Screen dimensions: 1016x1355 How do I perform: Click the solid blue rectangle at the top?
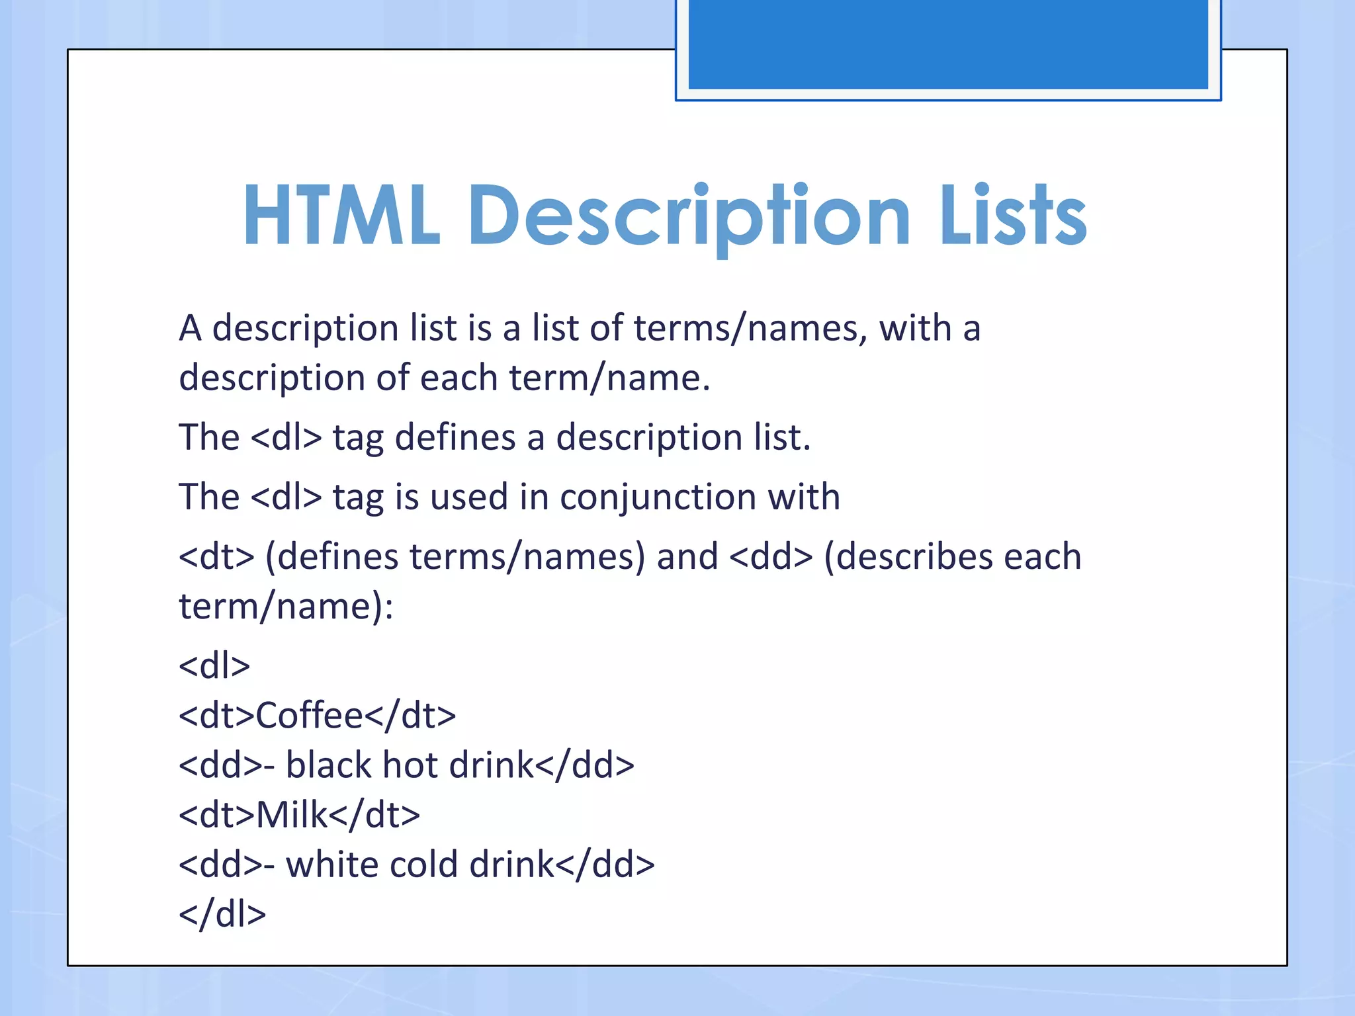coord(948,44)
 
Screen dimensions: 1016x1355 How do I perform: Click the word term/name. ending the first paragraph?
coord(609,378)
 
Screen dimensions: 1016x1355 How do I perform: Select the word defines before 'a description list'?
coord(455,438)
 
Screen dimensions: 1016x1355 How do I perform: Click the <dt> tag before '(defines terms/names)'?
coord(216,557)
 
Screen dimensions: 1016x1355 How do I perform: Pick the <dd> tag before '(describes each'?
coord(771,557)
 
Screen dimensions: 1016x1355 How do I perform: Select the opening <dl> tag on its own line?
coord(214,666)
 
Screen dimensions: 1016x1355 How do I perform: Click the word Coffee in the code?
coord(310,716)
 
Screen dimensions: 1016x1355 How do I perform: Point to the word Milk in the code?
coord(292,815)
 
